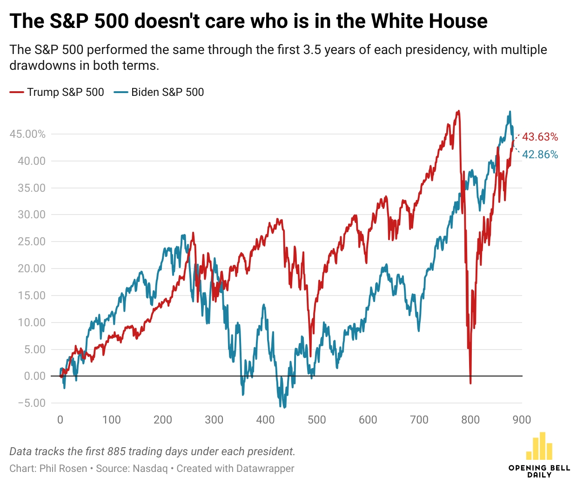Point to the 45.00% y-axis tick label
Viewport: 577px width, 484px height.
28,134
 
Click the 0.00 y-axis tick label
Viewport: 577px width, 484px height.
35,376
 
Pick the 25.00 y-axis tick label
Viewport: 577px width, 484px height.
32,242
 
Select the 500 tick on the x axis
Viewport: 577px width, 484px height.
316,420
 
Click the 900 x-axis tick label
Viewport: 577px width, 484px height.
522,420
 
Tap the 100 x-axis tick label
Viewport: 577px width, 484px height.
111,420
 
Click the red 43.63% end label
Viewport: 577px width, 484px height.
540,137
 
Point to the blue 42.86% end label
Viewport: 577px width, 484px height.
540,155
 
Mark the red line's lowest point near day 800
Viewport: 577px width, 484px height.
470,383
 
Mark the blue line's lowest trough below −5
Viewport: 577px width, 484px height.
284,407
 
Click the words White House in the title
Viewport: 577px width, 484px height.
429,21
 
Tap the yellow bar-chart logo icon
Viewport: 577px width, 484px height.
539,446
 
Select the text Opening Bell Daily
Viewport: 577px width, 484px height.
539,471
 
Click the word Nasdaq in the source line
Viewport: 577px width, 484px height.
150,468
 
